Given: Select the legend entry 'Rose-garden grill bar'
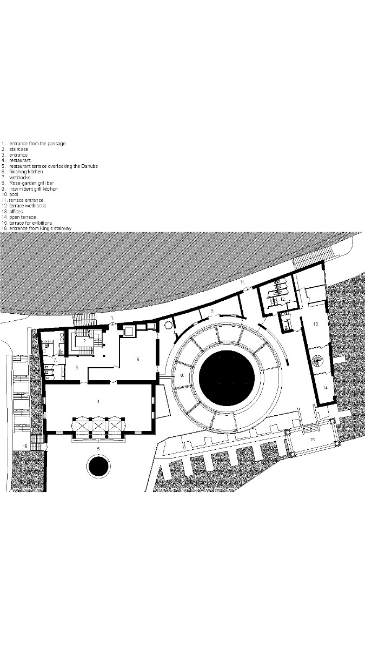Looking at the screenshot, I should click(32, 184).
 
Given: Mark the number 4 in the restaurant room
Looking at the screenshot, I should click(98, 401).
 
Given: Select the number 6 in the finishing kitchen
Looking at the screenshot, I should click(138, 359).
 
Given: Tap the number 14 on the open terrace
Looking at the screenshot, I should click(325, 388).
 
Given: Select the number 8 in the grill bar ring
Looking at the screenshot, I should click(182, 374).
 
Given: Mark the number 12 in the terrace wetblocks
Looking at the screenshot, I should click(282, 299).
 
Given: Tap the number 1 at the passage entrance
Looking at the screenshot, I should click(112, 318).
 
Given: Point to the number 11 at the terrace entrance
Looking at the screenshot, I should click(243, 282).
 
